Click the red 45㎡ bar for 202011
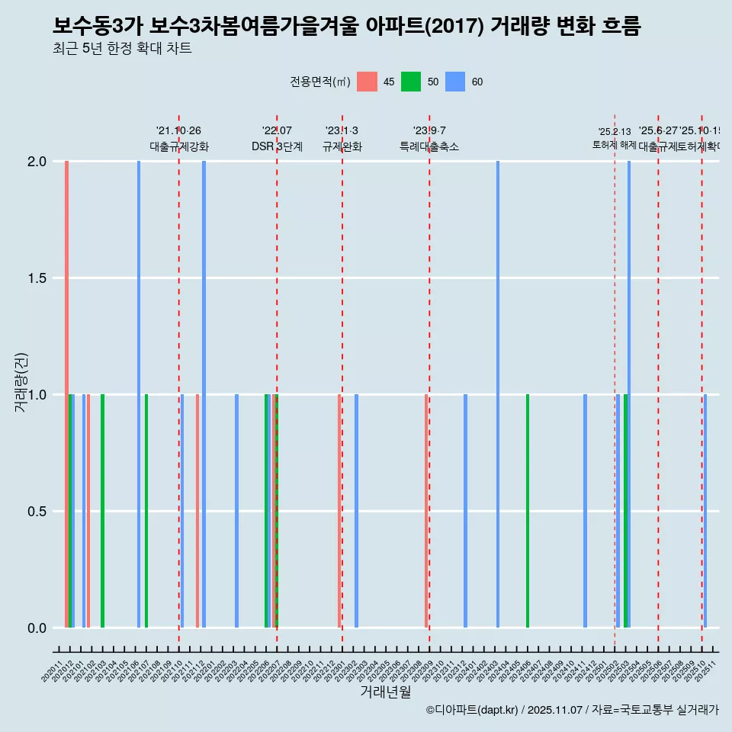pyautogui.click(x=67, y=394)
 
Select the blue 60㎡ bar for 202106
pyautogui.click(x=139, y=394)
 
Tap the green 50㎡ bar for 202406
pyautogui.click(x=528, y=511)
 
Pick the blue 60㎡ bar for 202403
pyautogui.click(x=498, y=394)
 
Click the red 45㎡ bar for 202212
pyautogui.click(x=339, y=511)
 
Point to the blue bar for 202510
pyautogui.click(x=705, y=511)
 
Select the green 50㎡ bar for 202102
pyautogui.click(x=103, y=511)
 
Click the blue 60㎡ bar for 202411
pyautogui.click(x=585, y=511)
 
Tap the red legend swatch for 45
pyautogui.click(x=367, y=82)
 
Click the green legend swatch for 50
pyautogui.click(x=411, y=82)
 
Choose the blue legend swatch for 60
pyautogui.click(x=455, y=82)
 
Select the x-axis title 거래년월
pyautogui.click(x=385, y=692)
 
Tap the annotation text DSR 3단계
pyautogui.click(x=277, y=147)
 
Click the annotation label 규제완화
pyautogui.click(x=342, y=147)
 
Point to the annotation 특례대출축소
pyautogui.click(x=429, y=147)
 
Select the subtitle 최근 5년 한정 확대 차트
pyautogui.click(x=122, y=49)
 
